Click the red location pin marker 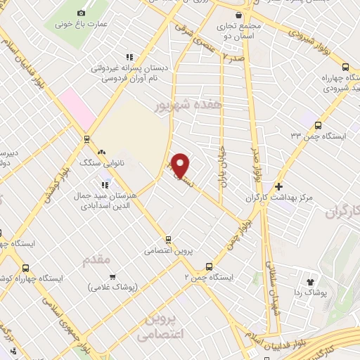181,165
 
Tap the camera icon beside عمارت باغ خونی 82,13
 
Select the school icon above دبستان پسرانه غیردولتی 128,57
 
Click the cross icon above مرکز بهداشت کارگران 280,187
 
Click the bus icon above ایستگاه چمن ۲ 209,266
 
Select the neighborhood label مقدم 97,260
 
